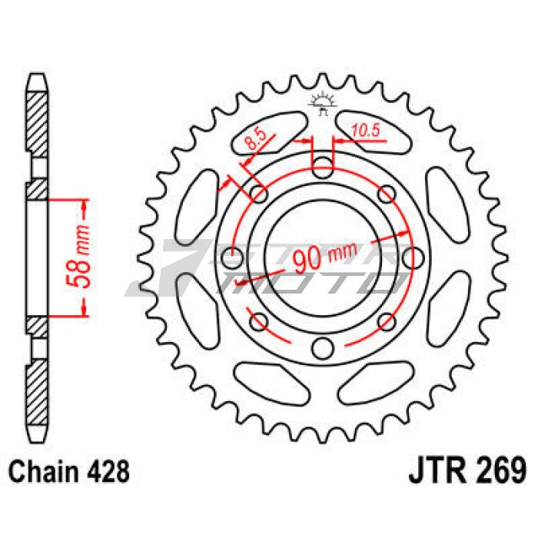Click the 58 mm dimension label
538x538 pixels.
(x=78, y=256)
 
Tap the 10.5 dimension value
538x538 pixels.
(x=366, y=131)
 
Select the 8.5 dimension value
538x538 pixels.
(x=256, y=138)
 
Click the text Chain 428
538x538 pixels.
(x=69, y=471)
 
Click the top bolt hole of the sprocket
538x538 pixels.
(x=323, y=168)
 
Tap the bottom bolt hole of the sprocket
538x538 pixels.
(x=323, y=348)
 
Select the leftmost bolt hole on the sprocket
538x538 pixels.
(x=232, y=258)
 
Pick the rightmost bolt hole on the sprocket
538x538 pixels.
(x=413, y=258)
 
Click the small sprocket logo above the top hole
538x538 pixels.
(x=323, y=104)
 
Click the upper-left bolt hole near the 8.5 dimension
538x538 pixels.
(x=259, y=194)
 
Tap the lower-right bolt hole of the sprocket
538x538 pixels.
(x=387, y=322)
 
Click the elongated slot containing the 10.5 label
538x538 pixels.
(x=373, y=131)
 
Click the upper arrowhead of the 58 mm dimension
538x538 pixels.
(x=84, y=206)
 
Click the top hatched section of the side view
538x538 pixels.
(x=37, y=125)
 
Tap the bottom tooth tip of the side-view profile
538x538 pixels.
(x=37, y=442)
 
